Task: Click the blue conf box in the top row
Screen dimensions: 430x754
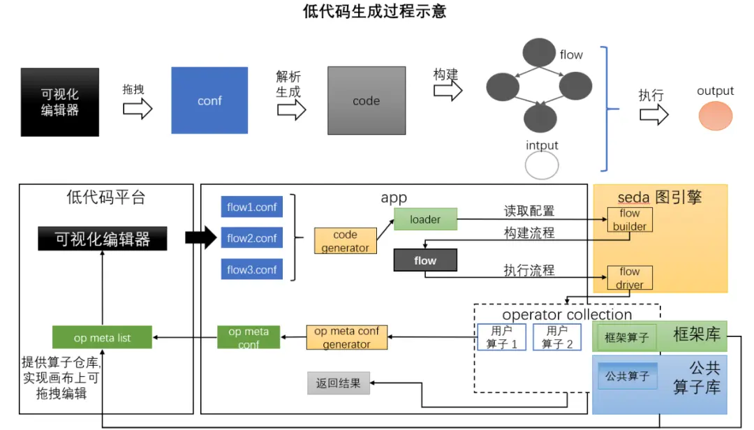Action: tap(209, 100)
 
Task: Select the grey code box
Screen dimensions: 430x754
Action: tap(366, 100)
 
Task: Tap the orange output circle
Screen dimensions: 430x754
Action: tap(715, 116)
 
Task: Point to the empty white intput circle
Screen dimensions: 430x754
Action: tap(542, 165)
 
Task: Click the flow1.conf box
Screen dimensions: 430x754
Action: tap(252, 207)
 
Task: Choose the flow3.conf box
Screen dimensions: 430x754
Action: tap(252, 269)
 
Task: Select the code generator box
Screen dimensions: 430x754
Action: tap(345, 241)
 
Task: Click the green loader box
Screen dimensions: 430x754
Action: tap(425, 219)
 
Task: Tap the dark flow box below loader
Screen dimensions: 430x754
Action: tap(425, 260)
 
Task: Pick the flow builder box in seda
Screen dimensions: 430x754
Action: tap(630, 219)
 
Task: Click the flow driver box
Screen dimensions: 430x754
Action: tap(630, 278)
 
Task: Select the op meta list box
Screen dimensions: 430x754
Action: tap(102, 338)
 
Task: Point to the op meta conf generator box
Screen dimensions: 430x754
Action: tap(347, 338)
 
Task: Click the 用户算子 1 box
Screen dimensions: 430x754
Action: tap(501, 337)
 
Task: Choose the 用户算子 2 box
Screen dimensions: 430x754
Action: tap(556, 337)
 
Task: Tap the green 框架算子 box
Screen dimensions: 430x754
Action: tap(627, 338)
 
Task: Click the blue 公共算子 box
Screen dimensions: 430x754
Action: tap(627, 376)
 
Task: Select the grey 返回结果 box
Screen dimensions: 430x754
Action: tap(339, 383)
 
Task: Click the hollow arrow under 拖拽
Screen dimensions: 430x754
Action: tap(138, 109)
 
